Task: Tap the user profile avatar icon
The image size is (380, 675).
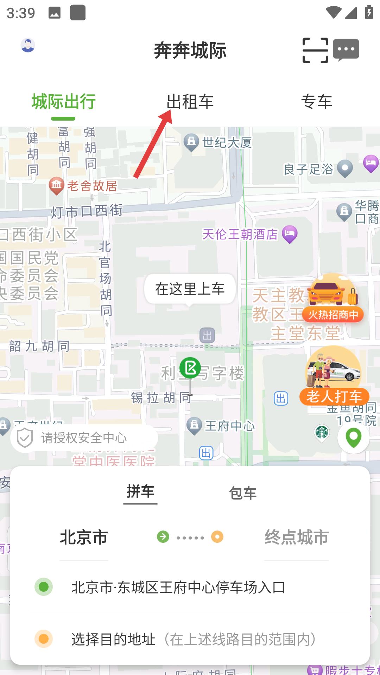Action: [x=28, y=45]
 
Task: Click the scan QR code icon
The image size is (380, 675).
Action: [x=315, y=50]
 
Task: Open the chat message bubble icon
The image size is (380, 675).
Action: [x=346, y=50]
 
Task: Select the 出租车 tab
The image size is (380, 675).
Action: [x=190, y=102]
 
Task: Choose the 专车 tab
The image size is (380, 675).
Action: [x=316, y=102]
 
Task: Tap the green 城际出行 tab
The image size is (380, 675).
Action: [x=63, y=102]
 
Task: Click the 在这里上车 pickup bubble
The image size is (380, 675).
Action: [x=190, y=289]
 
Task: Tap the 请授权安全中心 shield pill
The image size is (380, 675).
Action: [x=84, y=438]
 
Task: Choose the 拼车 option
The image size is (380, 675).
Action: [x=140, y=491]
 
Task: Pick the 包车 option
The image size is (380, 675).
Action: [x=243, y=493]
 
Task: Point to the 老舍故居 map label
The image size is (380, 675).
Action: [x=92, y=186]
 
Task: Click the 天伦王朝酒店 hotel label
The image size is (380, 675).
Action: [x=240, y=234]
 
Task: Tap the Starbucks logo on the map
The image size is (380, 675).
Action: [x=322, y=432]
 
